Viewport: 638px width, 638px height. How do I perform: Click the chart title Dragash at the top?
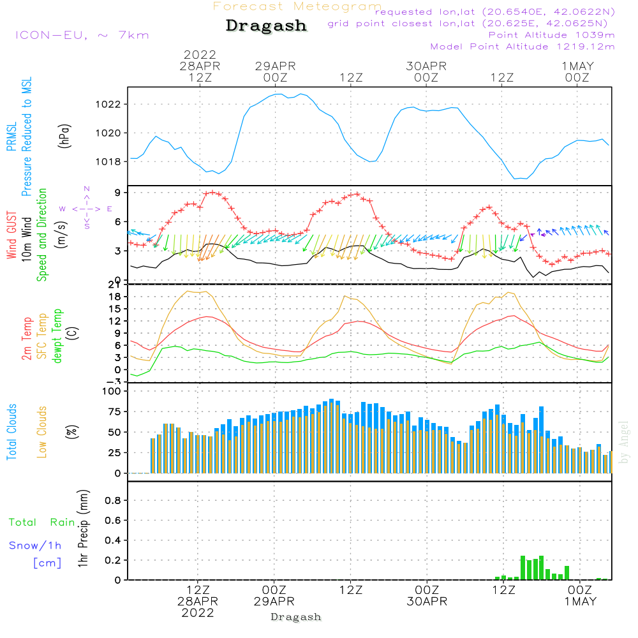coord(266,26)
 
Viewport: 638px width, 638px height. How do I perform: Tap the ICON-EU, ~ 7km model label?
coord(82,34)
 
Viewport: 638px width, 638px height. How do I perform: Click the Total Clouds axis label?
coord(11,432)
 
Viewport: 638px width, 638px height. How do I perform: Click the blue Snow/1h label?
coord(35,545)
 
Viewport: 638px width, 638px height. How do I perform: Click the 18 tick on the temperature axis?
coord(115,297)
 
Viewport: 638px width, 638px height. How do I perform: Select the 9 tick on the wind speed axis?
coord(119,193)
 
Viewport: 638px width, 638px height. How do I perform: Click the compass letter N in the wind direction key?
coord(86,189)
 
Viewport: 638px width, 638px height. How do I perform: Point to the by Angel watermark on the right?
coord(625,442)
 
